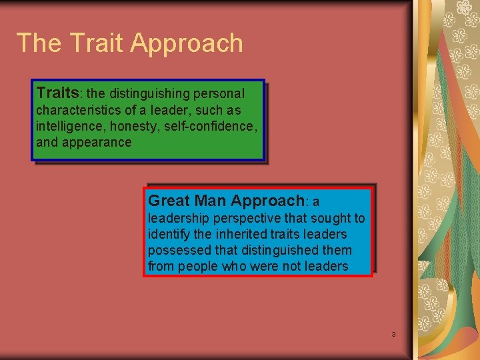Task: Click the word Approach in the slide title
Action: pyautogui.click(x=187, y=44)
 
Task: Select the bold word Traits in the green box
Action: pyautogui.click(x=57, y=92)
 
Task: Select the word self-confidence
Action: pyautogui.click(x=209, y=126)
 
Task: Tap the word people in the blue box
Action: pyautogui.click(x=197, y=267)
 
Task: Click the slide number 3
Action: pyautogui.click(x=393, y=334)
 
